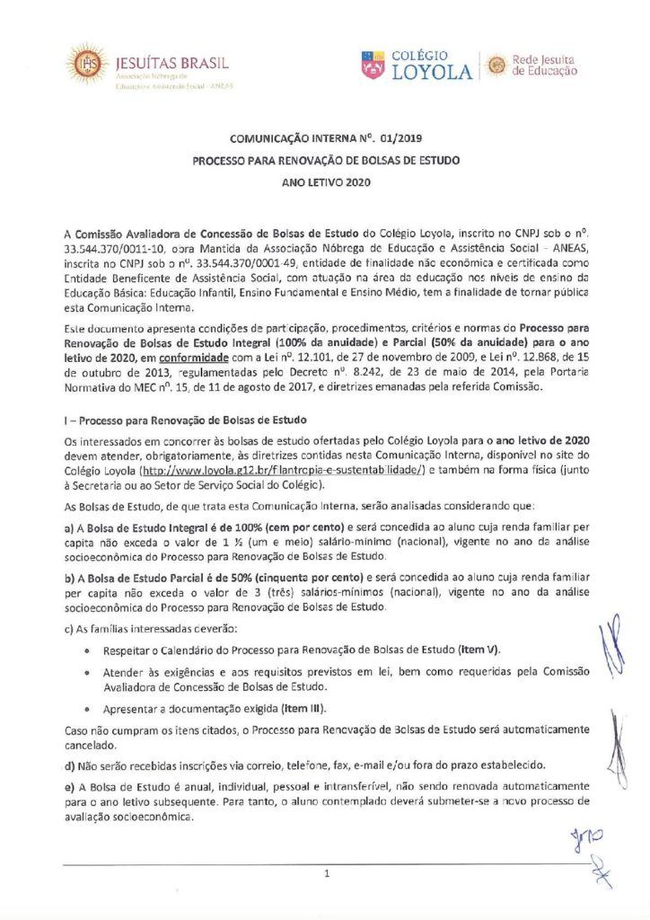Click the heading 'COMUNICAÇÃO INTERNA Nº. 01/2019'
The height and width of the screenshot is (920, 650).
point(324,139)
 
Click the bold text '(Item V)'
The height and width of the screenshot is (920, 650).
point(479,649)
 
